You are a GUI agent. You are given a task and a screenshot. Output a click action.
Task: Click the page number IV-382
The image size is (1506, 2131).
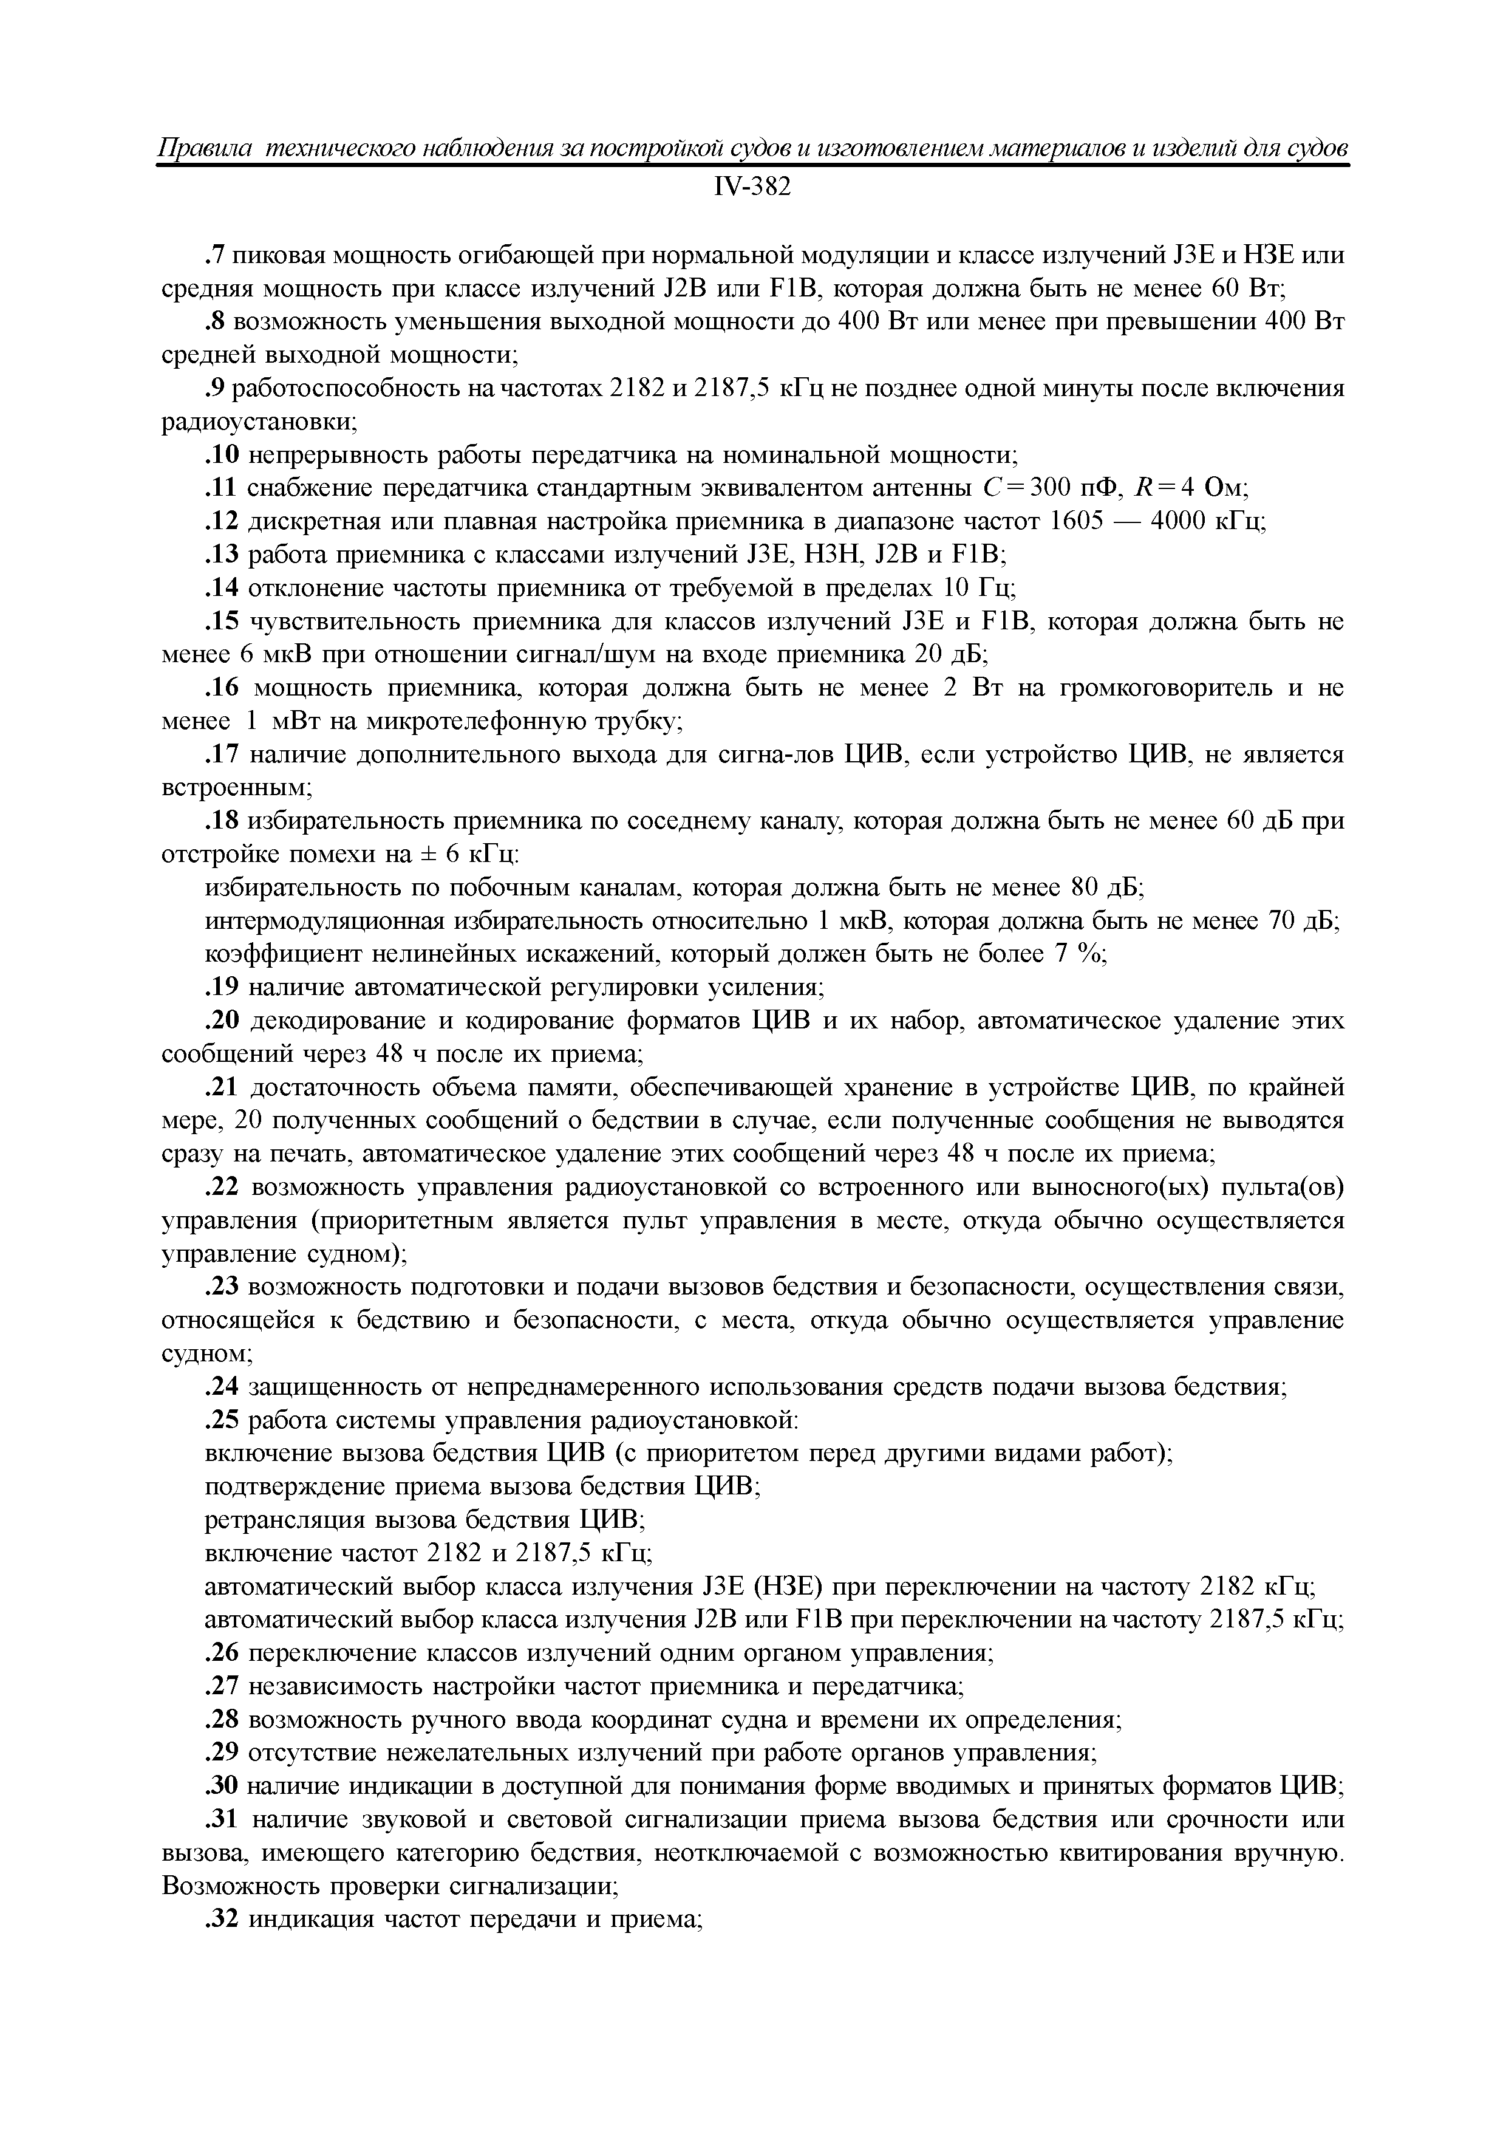(752, 188)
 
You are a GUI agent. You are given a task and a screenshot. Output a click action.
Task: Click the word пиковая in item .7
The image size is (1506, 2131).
(279, 255)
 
